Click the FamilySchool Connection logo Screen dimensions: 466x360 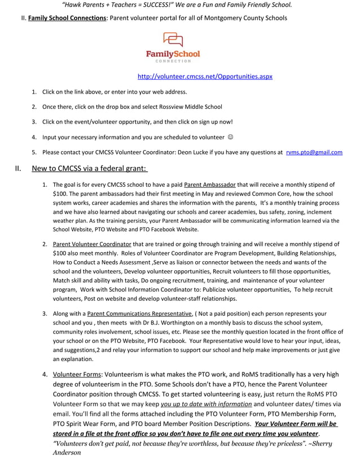(173, 47)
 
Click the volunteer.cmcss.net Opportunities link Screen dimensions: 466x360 (205, 76)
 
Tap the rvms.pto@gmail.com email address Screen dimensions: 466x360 (314, 152)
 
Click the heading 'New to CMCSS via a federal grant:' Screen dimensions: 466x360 (90, 168)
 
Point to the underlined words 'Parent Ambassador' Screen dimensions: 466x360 (209, 184)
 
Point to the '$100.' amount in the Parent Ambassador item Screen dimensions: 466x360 (61, 194)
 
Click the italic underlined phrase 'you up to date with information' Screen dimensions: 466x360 (206, 404)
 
